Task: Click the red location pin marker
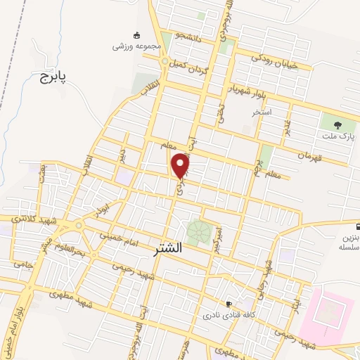(181, 165)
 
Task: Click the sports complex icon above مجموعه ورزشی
(136, 34)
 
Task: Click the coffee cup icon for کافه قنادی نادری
(229, 304)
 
